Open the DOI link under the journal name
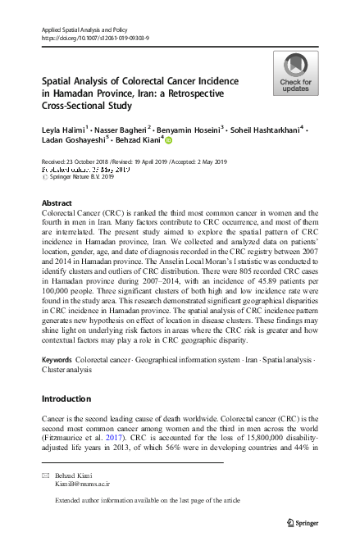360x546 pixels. pos(90,39)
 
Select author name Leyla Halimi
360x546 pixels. pos(63,130)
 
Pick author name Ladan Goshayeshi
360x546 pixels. pos(73,141)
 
